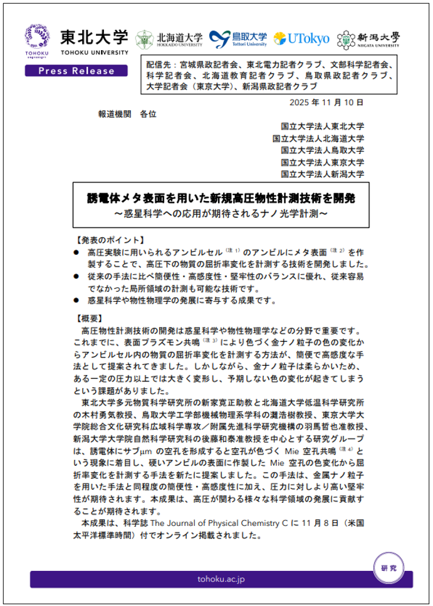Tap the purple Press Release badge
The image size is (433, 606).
point(76,70)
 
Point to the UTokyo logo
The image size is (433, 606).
point(301,39)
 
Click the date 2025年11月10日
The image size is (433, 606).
point(326,103)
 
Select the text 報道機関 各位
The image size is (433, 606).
point(127,115)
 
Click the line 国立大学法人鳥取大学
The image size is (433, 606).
point(322,150)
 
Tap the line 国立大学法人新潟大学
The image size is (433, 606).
point(322,174)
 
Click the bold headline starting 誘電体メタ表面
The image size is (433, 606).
point(221,199)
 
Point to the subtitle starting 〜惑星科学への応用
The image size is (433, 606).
point(221,214)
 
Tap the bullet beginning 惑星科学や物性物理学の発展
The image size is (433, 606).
point(182,300)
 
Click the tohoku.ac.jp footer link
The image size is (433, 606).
point(221,579)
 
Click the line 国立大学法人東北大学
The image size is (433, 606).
point(322,126)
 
